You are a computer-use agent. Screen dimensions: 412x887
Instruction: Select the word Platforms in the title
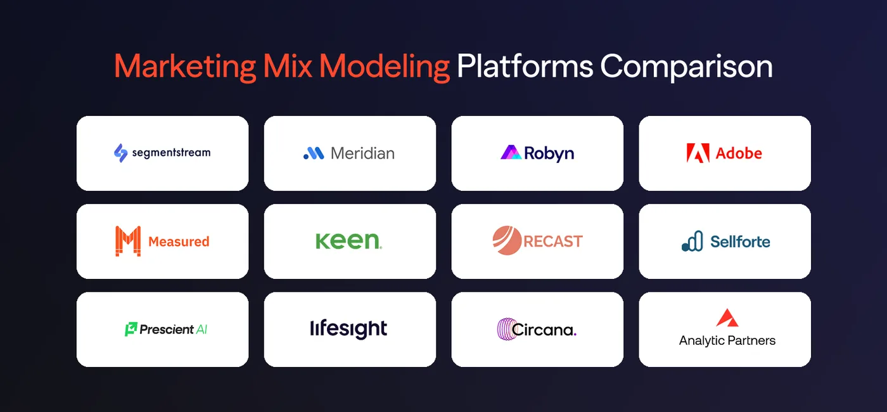coord(525,66)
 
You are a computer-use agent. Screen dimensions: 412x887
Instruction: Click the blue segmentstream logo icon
coord(120,153)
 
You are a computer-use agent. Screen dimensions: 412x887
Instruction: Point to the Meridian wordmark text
coord(362,153)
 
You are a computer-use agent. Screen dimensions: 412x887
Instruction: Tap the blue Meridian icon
coord(314,153)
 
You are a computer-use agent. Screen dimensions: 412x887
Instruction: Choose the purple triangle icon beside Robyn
coord(511,153)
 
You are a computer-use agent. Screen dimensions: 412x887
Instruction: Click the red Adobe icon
coord(698,153)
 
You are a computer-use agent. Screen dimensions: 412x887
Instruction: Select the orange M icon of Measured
coord(128,241)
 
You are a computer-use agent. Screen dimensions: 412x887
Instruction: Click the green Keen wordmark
coord(348,241)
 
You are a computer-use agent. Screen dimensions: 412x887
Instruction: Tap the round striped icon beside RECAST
coord(506,241)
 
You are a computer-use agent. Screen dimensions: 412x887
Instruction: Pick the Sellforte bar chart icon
coord(692,241)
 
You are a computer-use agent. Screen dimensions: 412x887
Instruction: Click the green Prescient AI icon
coord(131,329)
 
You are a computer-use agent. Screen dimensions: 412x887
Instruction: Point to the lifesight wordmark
coord(348,329)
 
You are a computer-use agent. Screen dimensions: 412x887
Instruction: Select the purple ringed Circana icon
coord(505,330)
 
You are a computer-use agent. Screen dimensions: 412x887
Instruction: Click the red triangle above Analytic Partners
coord(727,318)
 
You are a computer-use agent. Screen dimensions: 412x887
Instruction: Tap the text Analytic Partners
coord(727,340)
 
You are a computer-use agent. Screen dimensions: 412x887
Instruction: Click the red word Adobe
coord(739,153)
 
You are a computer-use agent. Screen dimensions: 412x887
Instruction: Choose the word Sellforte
coord(740,241)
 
